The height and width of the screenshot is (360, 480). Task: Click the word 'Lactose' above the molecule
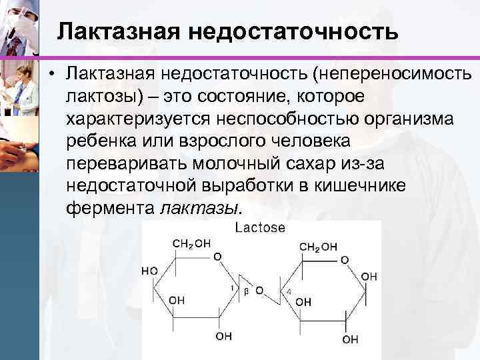[x=260, y=227]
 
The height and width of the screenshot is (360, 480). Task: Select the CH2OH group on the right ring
[x=318, y=247]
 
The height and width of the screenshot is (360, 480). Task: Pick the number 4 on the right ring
[x=287, y=291]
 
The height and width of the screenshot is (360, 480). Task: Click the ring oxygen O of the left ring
[x=217, y=256]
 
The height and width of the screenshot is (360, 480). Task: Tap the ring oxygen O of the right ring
[x=344, y=259]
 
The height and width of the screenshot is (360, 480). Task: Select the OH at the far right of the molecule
[x=369, y=275]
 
